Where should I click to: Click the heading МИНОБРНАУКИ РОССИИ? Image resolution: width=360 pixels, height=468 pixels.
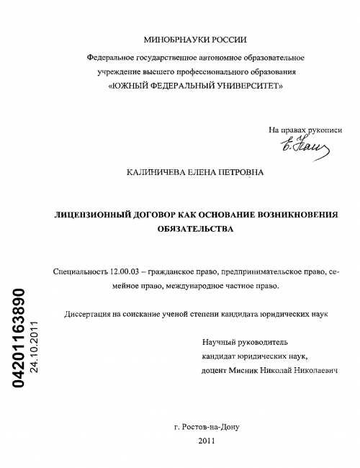coord(195,41)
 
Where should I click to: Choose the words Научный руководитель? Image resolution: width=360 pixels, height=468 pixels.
coord(245,341)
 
